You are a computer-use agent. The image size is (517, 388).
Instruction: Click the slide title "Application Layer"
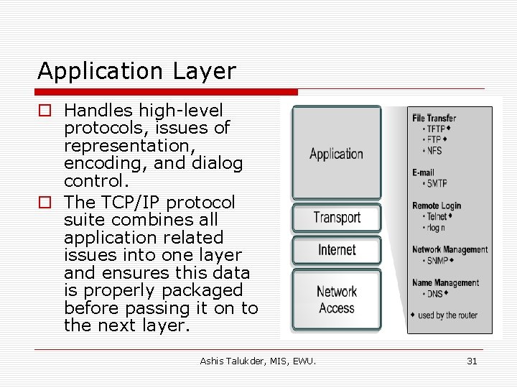tap(136, 71)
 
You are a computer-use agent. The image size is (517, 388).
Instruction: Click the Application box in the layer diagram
tap(336, 153)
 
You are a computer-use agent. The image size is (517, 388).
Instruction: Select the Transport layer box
tap(336, 218)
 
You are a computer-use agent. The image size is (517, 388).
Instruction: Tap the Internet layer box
tap(336, 250)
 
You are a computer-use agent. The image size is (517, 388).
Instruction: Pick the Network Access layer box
tap(336, 300)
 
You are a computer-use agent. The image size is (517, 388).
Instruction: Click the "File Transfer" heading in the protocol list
tap(434, 118)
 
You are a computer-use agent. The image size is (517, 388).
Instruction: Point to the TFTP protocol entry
tap(436, 129)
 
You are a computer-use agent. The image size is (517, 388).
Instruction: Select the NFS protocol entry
tap(434, 150)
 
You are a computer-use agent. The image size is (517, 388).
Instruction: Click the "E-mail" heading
tap(423, 172)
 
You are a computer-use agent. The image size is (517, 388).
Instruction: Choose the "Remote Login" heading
tap(437, 205)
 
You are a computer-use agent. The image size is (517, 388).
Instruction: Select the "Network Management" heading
tap(450, 250)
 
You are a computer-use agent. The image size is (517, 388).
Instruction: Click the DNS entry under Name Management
tap(435, 293)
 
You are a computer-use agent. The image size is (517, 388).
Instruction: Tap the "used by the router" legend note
tap(447, 315)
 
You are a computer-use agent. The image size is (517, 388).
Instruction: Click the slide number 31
tap(472, 361)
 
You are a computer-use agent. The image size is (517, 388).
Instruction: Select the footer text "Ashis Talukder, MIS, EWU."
tap(258, 361)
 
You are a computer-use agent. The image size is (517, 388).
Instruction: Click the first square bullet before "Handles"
tap(45, 111)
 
